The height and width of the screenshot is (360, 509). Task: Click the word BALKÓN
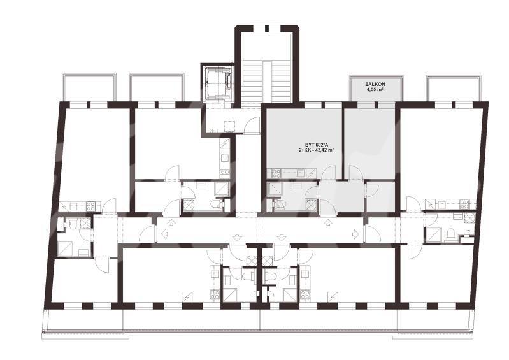(375, 84)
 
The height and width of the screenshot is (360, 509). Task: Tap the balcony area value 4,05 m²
(375, 90)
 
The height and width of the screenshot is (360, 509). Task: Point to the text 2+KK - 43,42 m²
(316, 150)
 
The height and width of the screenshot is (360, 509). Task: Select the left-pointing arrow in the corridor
(164, 233)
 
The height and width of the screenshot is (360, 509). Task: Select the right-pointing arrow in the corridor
(355, 233)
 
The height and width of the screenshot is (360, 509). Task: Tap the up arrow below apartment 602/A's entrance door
(328, 222)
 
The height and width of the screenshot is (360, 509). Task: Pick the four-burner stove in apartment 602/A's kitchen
(276, 173)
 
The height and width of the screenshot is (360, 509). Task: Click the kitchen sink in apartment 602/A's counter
(300, 173)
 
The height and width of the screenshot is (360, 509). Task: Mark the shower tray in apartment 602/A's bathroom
(273, 188)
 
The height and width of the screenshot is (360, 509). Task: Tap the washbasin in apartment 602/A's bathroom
(296, 185)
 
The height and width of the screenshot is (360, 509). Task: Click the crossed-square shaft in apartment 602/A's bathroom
(311, 205)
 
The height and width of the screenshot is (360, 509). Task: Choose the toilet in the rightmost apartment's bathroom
(451, 234)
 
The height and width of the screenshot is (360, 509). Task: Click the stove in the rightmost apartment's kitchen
(464, 204)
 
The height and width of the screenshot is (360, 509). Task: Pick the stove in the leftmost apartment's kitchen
(90, 206)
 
